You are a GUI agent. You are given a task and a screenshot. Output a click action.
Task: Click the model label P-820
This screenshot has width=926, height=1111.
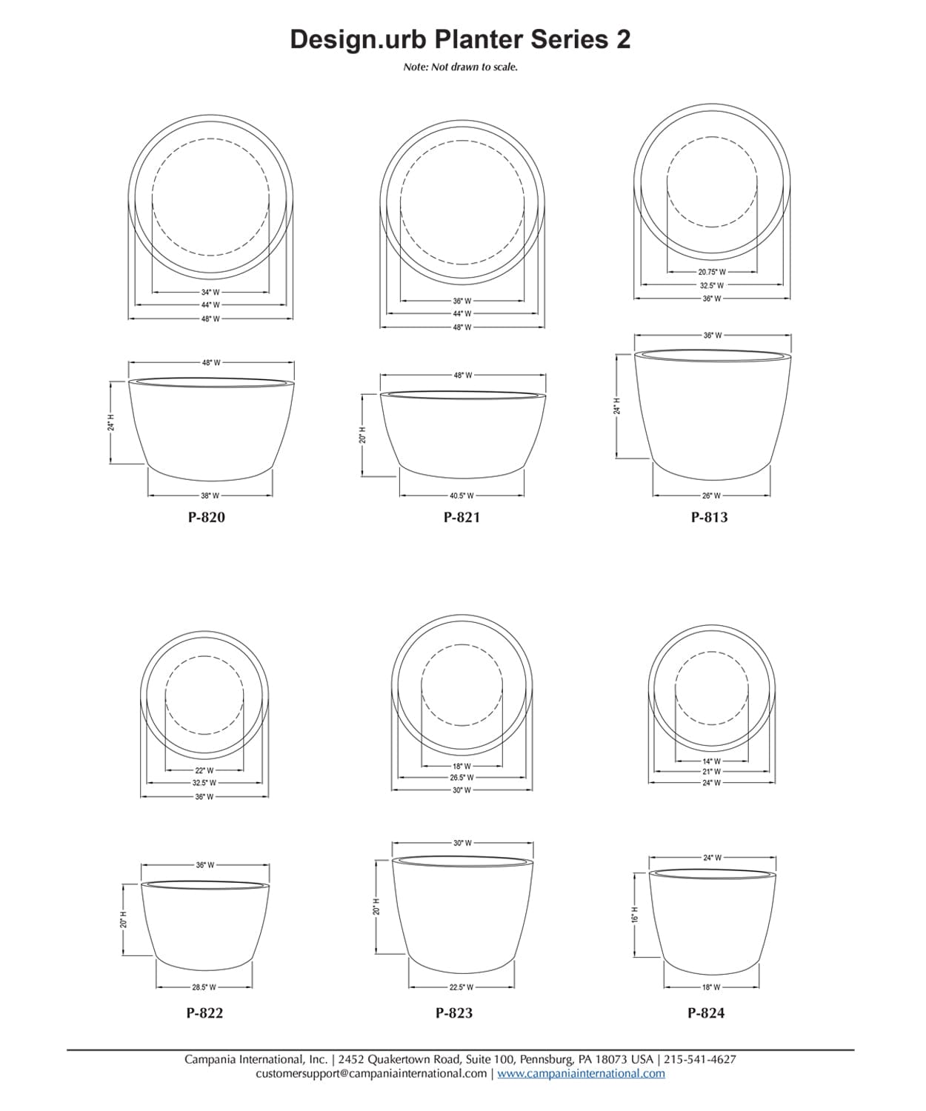point(206,518)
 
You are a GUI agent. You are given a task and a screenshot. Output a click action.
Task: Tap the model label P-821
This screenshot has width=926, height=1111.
point(462,518)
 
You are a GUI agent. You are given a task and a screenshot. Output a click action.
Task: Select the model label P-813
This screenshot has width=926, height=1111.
point(709,518)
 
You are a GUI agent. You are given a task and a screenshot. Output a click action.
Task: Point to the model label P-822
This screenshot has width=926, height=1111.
point(204,1013)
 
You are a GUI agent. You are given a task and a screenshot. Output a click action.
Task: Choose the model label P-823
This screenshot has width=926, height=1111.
point(454,1013)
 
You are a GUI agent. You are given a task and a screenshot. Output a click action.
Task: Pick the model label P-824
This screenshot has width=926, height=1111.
point(706,1013)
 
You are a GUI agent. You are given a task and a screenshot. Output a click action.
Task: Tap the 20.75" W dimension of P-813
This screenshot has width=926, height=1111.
point(712,272)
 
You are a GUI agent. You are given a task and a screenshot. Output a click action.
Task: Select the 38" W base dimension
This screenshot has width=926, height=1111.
point(210,496)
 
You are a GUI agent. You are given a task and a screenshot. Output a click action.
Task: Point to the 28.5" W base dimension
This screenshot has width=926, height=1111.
point(204,987)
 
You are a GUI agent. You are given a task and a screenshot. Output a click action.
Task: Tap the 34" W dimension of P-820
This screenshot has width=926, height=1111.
point(210,292)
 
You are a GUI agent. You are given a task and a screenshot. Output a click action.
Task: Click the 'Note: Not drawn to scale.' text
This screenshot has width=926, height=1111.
point(460,67)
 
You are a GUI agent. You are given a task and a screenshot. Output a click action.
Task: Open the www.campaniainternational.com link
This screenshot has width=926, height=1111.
point(581,1073)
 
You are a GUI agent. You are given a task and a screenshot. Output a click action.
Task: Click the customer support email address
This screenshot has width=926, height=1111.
point(371,1073)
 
